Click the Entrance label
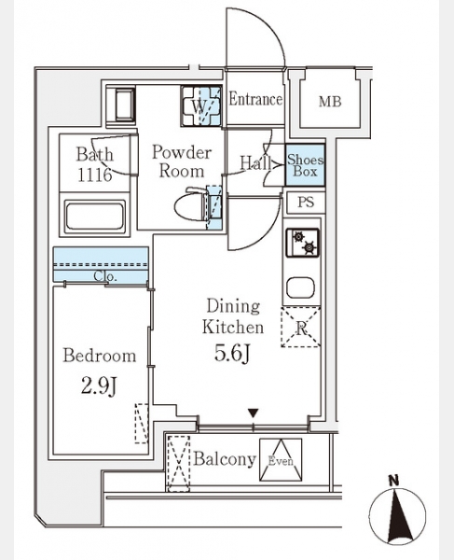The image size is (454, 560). click(255, 99)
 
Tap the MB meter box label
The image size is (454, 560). click(330, 102)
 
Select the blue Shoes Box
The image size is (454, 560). click(305, 165)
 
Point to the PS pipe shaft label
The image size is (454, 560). click(306, 203)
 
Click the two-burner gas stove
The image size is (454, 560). click(302, 243)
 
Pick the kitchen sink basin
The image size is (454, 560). click(300, 287)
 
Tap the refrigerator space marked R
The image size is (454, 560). click(300, 327)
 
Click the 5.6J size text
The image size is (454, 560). click(232, 354)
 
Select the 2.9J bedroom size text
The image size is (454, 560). click(99, 385)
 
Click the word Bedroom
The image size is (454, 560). click(100, 356)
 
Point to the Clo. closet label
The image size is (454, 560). click(105, 276)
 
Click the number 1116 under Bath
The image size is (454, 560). click(95, 175)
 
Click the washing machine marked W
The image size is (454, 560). click(200, 106)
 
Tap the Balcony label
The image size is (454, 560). click(225, 459)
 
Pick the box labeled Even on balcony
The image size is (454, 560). click(281, 459)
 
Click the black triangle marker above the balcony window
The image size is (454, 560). click(254, 413)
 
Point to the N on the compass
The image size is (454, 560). click(393, 481)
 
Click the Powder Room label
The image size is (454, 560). click(182, 161)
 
